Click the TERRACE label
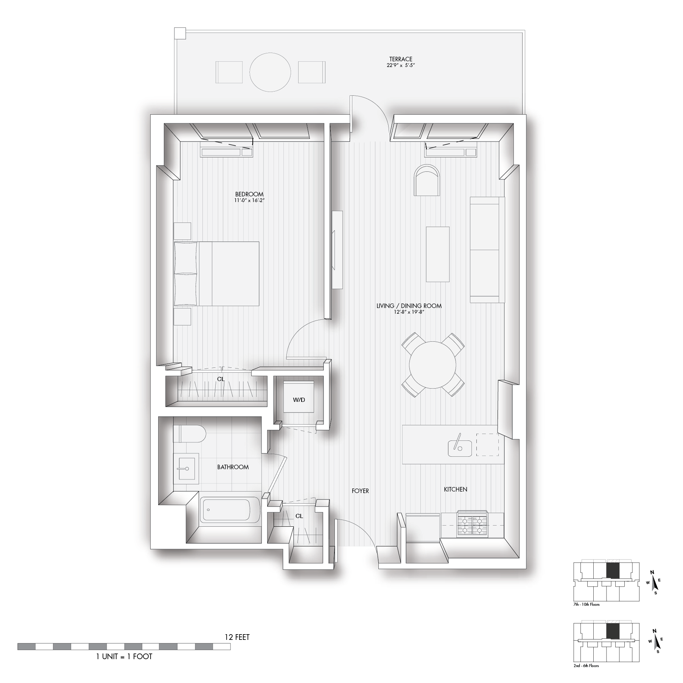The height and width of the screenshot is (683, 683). [401, 59]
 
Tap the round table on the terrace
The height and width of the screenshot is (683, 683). [270, 72]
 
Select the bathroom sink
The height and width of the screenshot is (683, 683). [186, 468]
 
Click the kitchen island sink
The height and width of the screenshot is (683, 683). [459, 448]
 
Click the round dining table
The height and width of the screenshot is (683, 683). [433, 365]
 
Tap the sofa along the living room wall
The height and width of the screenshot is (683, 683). [487, 250]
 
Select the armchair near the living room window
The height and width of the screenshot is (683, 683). [428, 180]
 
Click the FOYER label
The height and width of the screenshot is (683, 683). [360, 491]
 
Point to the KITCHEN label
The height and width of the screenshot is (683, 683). [456, 489]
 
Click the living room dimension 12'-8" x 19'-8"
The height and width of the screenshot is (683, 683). [409, 312]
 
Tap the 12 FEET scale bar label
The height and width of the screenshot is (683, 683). [237, 637]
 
